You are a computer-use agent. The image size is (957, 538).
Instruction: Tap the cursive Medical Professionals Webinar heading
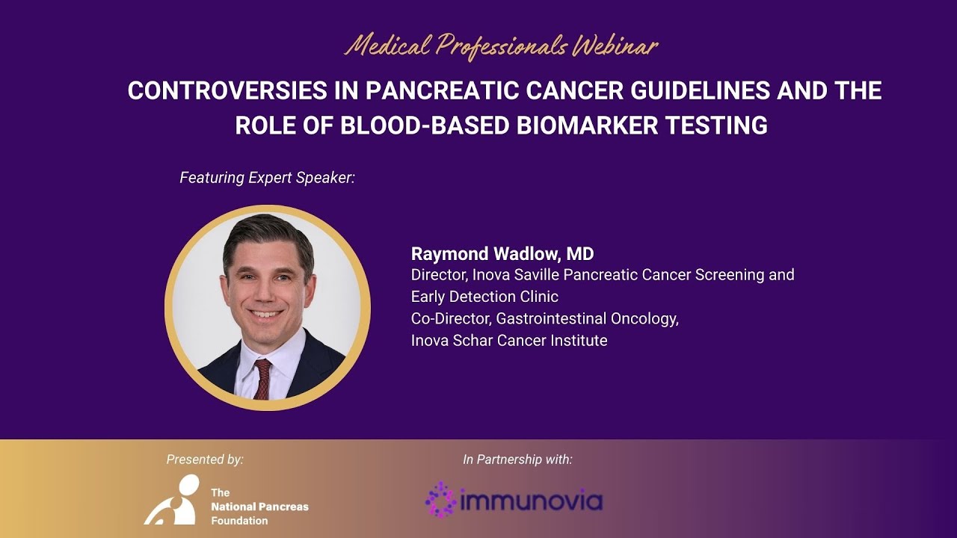(x=501, y=47)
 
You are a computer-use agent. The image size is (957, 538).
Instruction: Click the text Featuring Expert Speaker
(x=267, y=178)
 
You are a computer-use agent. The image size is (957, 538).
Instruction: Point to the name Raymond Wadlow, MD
(x=502, y=253)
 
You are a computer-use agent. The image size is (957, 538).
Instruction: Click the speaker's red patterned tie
(x=262, y=377)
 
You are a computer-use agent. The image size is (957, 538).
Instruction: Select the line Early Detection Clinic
(x=484, y=297)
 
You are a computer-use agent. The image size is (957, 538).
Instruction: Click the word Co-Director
(x=446, y=319)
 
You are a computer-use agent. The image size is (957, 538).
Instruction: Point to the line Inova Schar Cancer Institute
(x=508, y=341)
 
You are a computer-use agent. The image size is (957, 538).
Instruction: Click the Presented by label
(x=205, y=460)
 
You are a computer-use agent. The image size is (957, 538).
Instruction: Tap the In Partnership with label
(x=517, y=460)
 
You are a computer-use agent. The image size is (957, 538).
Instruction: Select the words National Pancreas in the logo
(x=259, y=507)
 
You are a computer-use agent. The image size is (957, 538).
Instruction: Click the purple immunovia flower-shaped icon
(x=440, y=499)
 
